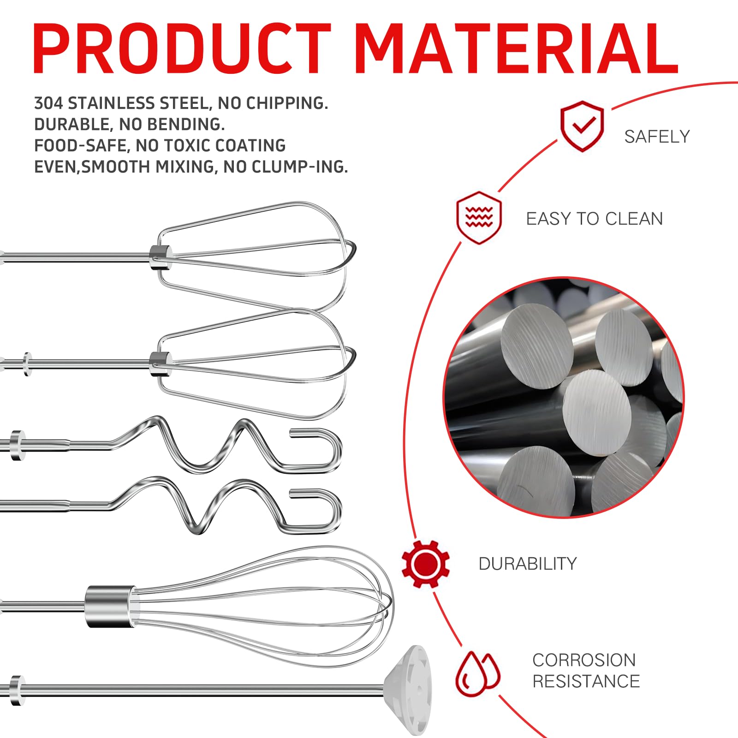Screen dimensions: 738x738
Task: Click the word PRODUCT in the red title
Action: pyautogui.click(x=182, y=48)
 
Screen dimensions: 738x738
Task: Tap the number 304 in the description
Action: pyautogui.click(x=48, y=103)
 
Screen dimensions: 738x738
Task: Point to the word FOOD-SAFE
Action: pyautogui.click(x=80, y=146)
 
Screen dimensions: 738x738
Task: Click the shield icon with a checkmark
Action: pyautogui.click(x=582, y=126)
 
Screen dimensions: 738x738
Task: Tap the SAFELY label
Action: pyautogui.click(x=657, y=137)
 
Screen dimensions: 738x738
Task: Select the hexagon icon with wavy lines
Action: pyautogui.click(x=479, y=217)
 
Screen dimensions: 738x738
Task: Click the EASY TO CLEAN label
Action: pyautogui.click(x=595, y=219)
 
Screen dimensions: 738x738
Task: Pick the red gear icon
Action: pyautogui.click(x=425, y=564)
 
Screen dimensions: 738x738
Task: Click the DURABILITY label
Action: pyautogui.click(x=528, y=564)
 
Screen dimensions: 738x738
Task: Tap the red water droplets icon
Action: pyautogui.click(x=478, y=674)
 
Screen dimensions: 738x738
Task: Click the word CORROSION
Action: pyautogui.click(x=584, y=660)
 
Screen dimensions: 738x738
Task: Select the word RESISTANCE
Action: pyautogui.click(x=586, y=681)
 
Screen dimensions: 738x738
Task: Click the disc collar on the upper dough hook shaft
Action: pyautogui.click(x=18, y=445)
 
